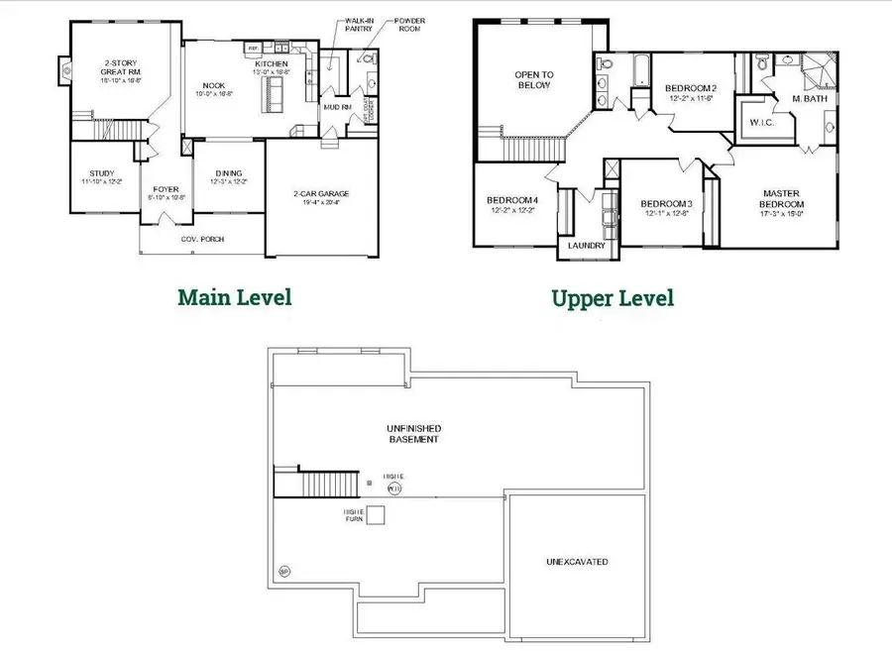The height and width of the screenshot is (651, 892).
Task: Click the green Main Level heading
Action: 235,296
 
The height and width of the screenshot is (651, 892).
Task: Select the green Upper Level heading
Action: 613,297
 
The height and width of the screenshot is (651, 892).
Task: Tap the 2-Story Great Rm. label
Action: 121,72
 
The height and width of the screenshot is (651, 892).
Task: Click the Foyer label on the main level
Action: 165,190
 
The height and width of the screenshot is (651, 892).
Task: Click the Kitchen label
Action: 271,65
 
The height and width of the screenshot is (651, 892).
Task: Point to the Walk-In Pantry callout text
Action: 360,25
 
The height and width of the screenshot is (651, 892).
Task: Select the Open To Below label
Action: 532,79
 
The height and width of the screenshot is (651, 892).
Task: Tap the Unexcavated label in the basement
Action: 577,562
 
